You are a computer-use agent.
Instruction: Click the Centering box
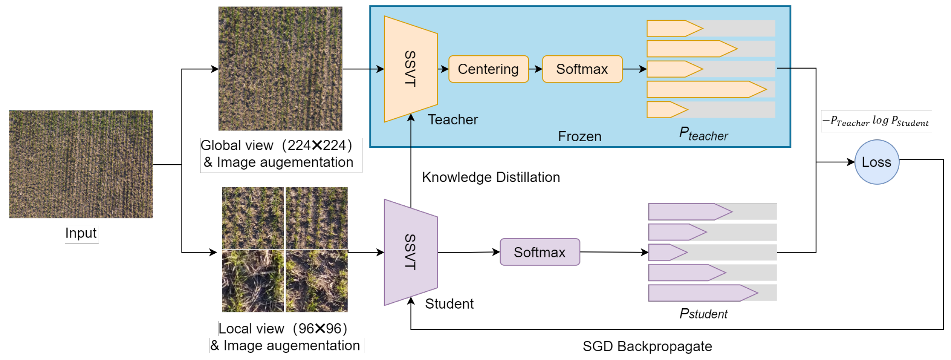coord(488,69)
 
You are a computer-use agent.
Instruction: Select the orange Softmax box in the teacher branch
coord(582,69)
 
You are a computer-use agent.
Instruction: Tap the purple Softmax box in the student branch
coord(539,252)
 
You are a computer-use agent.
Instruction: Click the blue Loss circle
coord(876,162)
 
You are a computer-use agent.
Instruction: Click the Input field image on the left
coord(81,164)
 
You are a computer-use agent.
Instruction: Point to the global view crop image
coord(280,68)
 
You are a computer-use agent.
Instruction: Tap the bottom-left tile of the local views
coord(253,281)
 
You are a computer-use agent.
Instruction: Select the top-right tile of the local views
coord(316,218)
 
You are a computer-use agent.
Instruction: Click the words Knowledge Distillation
coord(491,177)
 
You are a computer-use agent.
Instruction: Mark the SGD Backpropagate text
coord(647,346)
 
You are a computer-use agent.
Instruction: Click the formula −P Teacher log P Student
coord(876,121)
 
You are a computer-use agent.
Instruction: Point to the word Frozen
coord(579,137)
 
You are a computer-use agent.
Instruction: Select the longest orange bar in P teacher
coord(706,89)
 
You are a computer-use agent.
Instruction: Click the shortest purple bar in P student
coord(668,253)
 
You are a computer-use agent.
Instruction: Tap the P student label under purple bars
coord(703,314)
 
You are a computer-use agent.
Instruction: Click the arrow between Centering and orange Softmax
coord(536,69)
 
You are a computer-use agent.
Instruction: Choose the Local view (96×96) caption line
coord(283,329)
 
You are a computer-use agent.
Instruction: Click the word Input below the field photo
coord(81,233)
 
